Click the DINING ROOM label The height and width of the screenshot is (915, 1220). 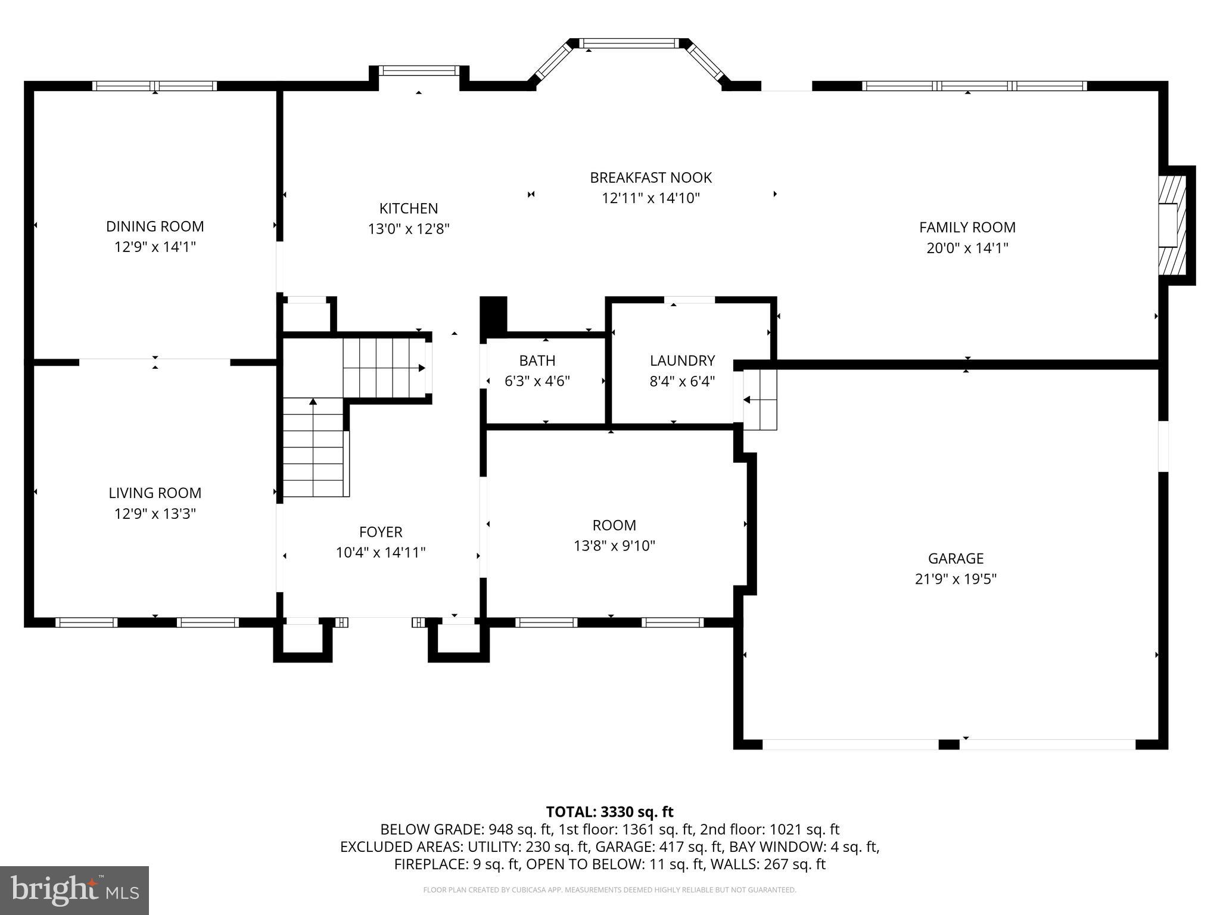coord(155,226)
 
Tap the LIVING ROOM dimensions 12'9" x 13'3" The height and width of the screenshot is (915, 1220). coord(155,513)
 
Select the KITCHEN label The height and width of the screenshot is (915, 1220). coord(409,208)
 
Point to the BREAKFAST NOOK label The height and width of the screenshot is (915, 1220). coord(651,178)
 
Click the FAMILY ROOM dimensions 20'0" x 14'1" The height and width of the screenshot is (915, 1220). coord(967,248)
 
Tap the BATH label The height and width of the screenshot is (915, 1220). coord(537,360)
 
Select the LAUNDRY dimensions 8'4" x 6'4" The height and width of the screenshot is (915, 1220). coord(682,381)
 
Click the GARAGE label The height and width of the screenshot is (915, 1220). coord(956,558)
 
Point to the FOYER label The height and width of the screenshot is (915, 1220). coord(381,532)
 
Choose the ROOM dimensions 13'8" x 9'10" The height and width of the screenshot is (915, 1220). coord(614,546)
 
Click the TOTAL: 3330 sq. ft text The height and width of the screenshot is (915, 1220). coord(609,812)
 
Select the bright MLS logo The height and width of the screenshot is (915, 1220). coord(74,890)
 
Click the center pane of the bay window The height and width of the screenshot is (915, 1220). coord(628,43)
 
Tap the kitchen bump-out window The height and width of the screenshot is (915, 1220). coord(419,71)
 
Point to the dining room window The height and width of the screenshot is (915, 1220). coord(155,86)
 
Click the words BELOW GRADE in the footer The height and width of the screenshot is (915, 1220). coord(431,829)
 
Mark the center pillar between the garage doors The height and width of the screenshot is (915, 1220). coord(949,744)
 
